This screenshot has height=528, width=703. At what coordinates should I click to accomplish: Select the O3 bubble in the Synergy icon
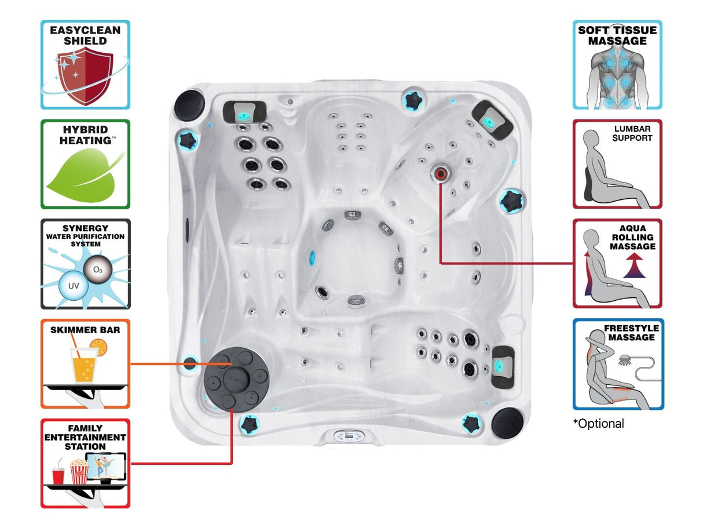pyautogui.click(x=97, y=270)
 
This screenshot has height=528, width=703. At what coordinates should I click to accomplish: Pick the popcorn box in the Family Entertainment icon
pyautogui.click(x=79, y=472)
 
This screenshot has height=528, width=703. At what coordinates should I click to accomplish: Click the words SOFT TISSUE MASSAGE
pyautogui.click(x=617, y=35)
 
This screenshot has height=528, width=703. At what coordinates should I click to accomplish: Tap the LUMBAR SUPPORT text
pyautogui.click(x=633, y=133)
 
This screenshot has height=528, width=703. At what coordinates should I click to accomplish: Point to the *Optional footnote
pyautogui.click(x=599, y=424)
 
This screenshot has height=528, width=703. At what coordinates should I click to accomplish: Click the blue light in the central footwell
pyautogui.click(x=313, y=255)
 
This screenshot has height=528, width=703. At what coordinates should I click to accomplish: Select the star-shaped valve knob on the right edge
pyautogui.click(x=512, y=201)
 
